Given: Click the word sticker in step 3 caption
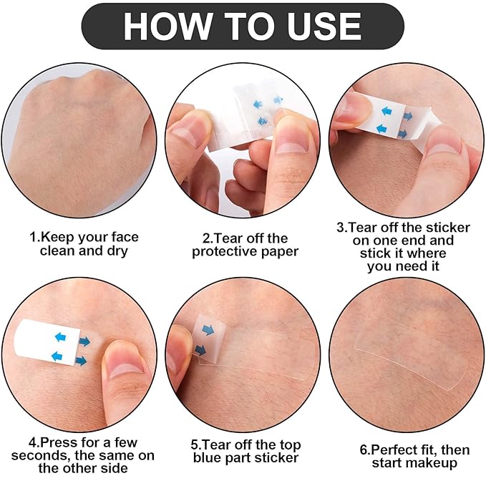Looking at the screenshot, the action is pos(448,228).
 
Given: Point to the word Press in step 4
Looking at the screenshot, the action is pos(59,442).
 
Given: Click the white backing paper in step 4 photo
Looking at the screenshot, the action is pos(47,341).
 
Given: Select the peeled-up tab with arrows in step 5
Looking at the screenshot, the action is pos(207,339).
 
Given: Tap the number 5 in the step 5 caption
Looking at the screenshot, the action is pos(195,444).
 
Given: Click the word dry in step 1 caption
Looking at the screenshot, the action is pos(117,251).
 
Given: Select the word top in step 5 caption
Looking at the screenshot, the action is pos(290,445).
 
